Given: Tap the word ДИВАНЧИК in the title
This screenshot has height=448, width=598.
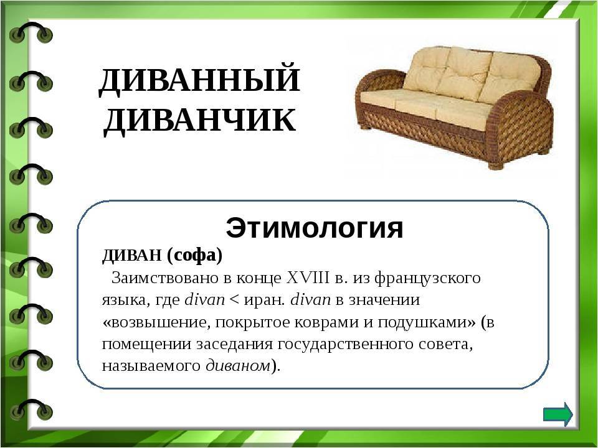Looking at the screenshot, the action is pyautogui.click(x=199, y=120).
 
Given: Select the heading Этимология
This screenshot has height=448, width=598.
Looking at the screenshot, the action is pyautogui.click(x=314, y=228).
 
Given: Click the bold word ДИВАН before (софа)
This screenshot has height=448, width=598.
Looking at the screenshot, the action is pyautogui.click(x=131, y=256).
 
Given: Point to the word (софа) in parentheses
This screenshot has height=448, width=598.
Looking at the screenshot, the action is pyautogui.click(x=194, y=256).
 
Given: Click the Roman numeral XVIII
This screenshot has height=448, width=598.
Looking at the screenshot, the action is pyautogui.click(x=308, y=278).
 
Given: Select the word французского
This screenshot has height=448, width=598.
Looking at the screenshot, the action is pyautogui.click(x=427, y=279).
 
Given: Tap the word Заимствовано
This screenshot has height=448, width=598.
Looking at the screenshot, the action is pyautogui.click(x=164, y=278).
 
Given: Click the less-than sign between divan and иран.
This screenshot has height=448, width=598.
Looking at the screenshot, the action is pyautogui.click(x=234, y=300).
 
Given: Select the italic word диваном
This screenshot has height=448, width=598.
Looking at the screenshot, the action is pyautogui.click(x=238, y=366).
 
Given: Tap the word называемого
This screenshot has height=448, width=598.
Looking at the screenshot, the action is pyautogui.click(x=151, y=366).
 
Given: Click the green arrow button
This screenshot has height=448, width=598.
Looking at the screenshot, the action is pyautogui.click(x=558, y=414).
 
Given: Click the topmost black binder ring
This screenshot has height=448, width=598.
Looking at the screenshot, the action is pyautogui.click(x=31, y=32).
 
